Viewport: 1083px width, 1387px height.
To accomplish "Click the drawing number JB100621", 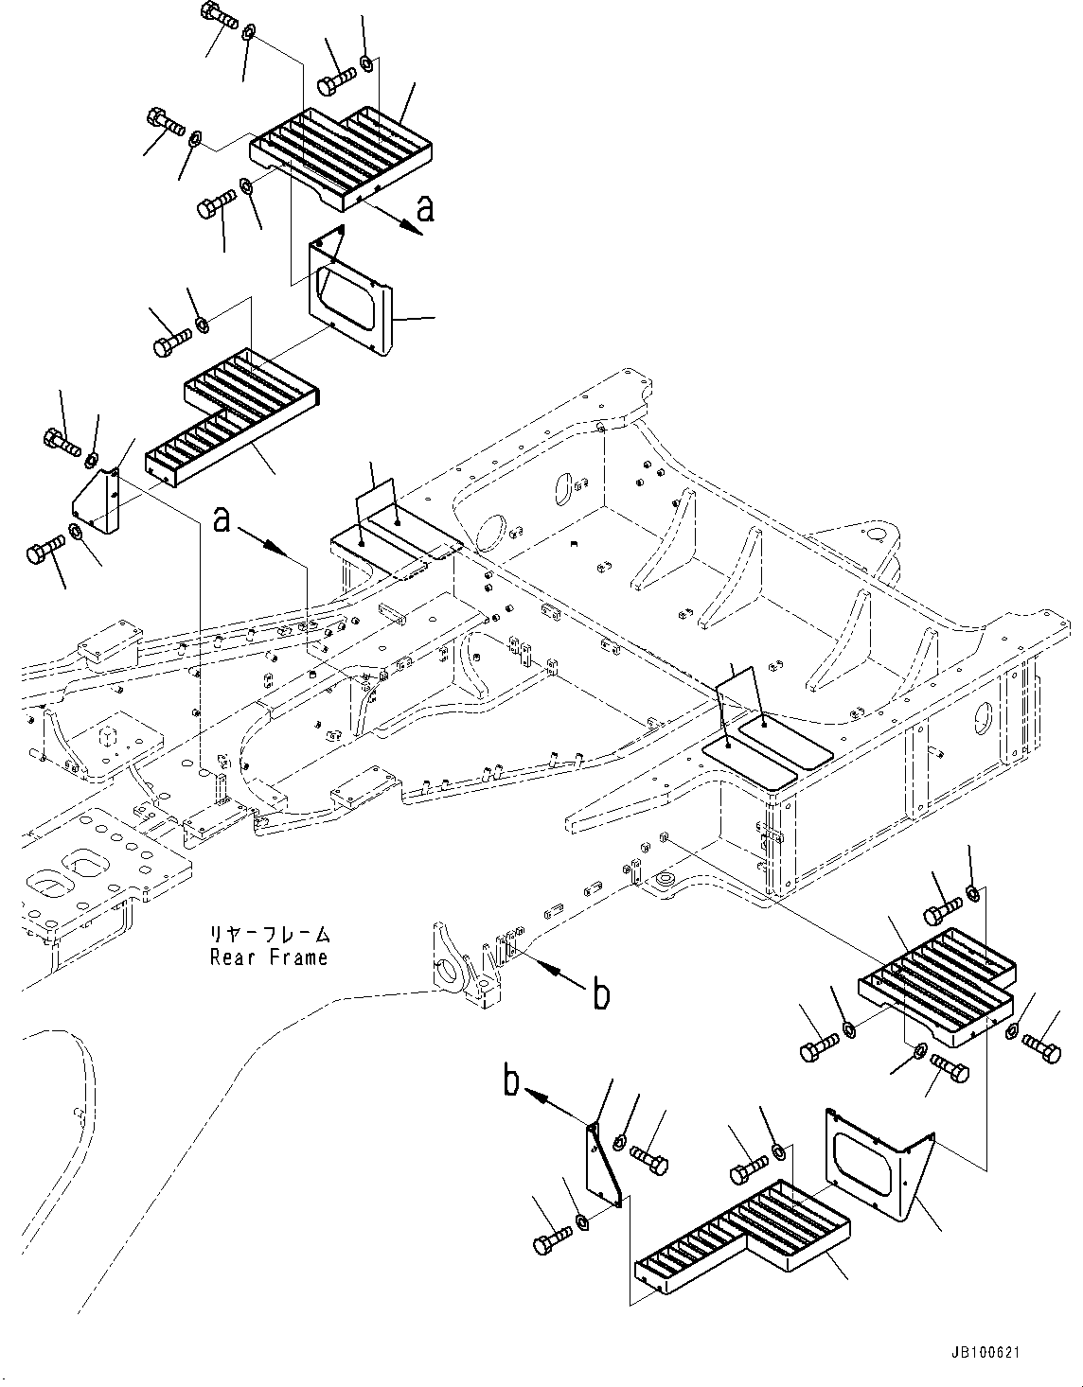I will [981, 1354].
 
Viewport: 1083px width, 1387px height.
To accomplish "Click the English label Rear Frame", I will [269, 957].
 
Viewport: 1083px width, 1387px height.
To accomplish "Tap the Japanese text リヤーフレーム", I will [270, 935].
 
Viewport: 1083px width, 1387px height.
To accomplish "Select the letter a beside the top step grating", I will [425, 207].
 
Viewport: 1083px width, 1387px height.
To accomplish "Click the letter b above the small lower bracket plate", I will [511, 1081].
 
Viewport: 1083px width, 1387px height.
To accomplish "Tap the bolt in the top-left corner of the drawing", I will [218, 17].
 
